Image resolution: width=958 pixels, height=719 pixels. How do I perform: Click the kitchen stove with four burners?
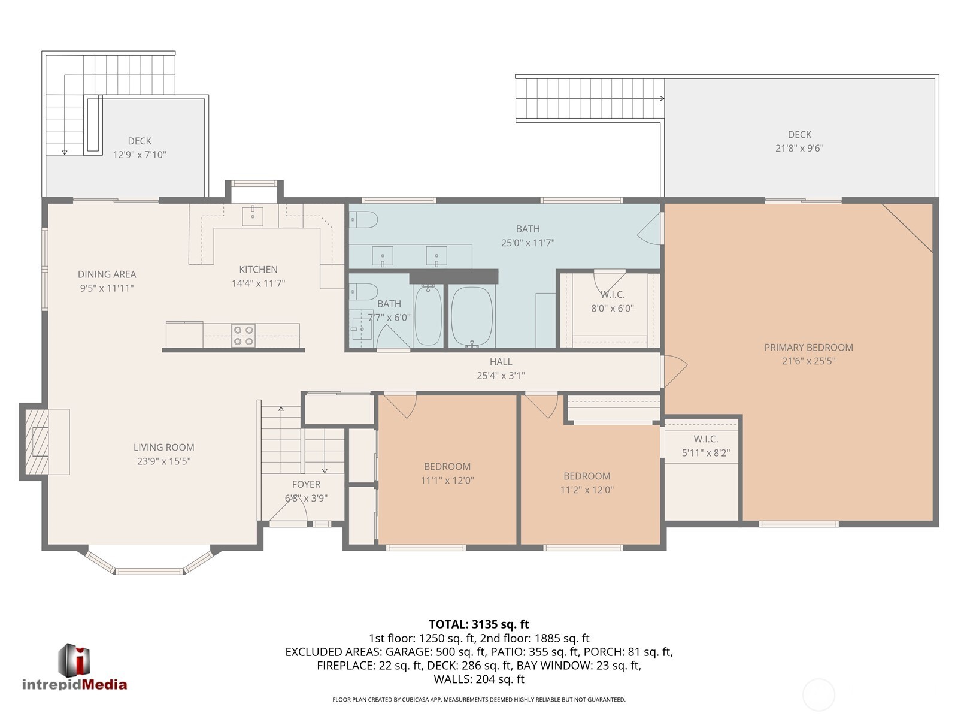(x=244, y=336)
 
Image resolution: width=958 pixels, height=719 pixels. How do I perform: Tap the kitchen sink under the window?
(x=253, y=216)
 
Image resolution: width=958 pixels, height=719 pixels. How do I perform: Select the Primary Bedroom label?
(x=808, y=348)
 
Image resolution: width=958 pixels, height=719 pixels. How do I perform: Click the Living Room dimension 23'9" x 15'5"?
(x=163, y=461)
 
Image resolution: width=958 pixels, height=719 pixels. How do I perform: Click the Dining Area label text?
(x=107, y=274)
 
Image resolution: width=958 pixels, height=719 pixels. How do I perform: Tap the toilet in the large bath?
(x=363, y=220)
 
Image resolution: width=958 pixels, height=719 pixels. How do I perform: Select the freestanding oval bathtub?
(x=472, y=316)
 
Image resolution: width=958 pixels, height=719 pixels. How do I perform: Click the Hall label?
(x=501, y=362)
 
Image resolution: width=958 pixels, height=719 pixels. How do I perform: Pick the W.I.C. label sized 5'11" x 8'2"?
(x=706, y=446)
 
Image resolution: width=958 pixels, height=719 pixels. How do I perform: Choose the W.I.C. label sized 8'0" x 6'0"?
(x=613, y=301)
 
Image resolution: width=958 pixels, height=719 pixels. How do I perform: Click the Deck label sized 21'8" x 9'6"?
(x=799, y=141)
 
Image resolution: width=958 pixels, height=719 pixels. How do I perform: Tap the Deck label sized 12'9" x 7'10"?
(x=140, y=148)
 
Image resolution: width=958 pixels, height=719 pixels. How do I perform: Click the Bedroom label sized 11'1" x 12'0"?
(x=447, y=473)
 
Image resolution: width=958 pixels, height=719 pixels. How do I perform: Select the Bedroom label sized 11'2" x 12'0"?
(x=587, y=483)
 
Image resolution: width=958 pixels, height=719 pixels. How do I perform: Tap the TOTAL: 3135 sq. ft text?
(x=479, y=624)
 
